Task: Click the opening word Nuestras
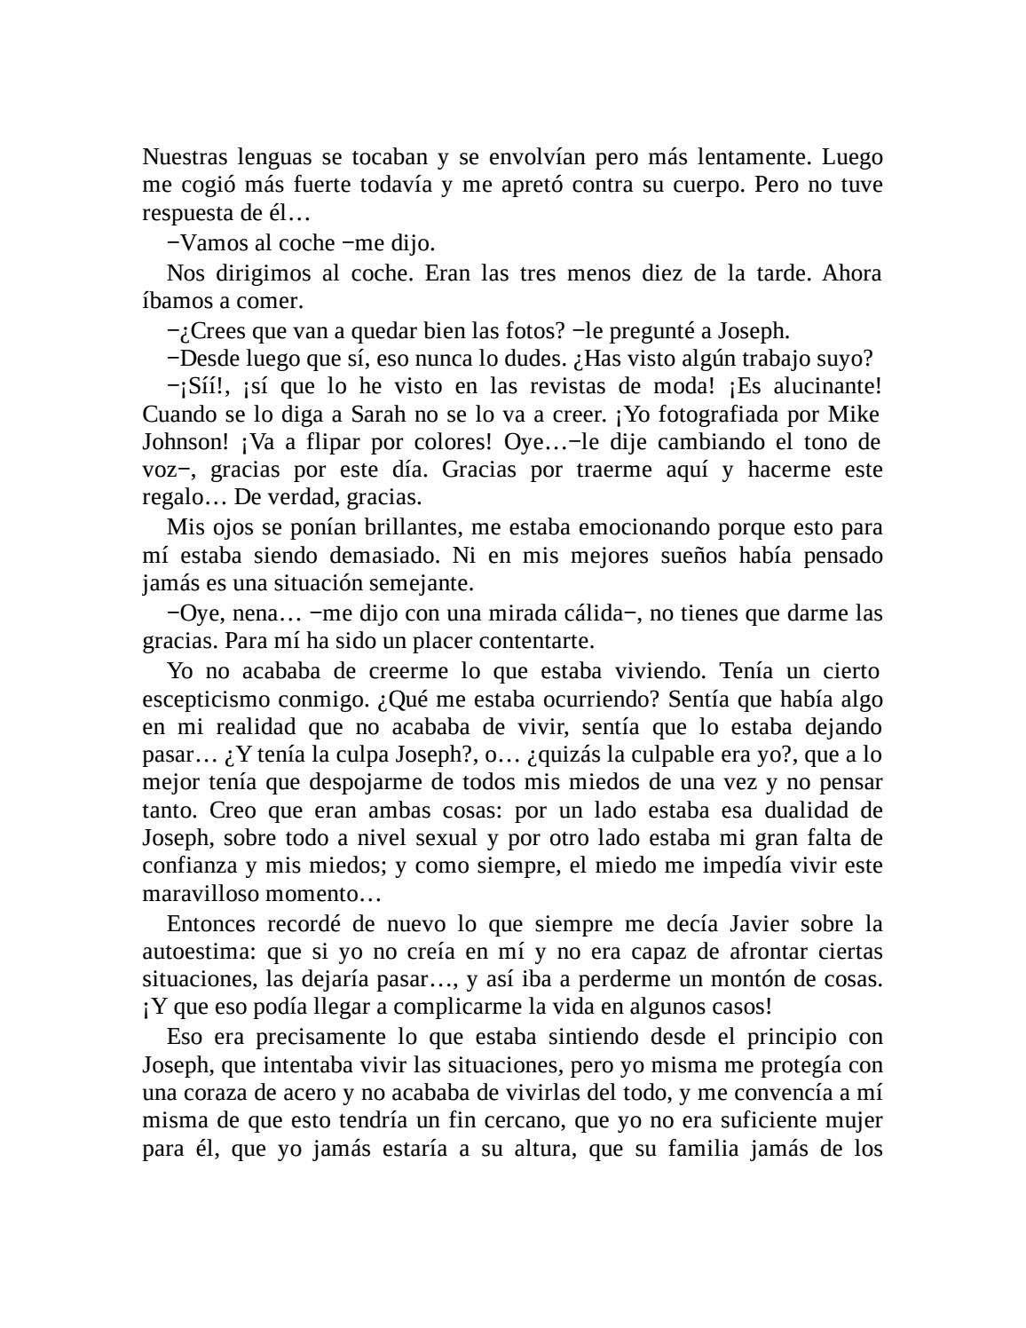(x=184, y=158)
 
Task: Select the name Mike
(x=854, y=415)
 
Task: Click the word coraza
(x=212, y=1093)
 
